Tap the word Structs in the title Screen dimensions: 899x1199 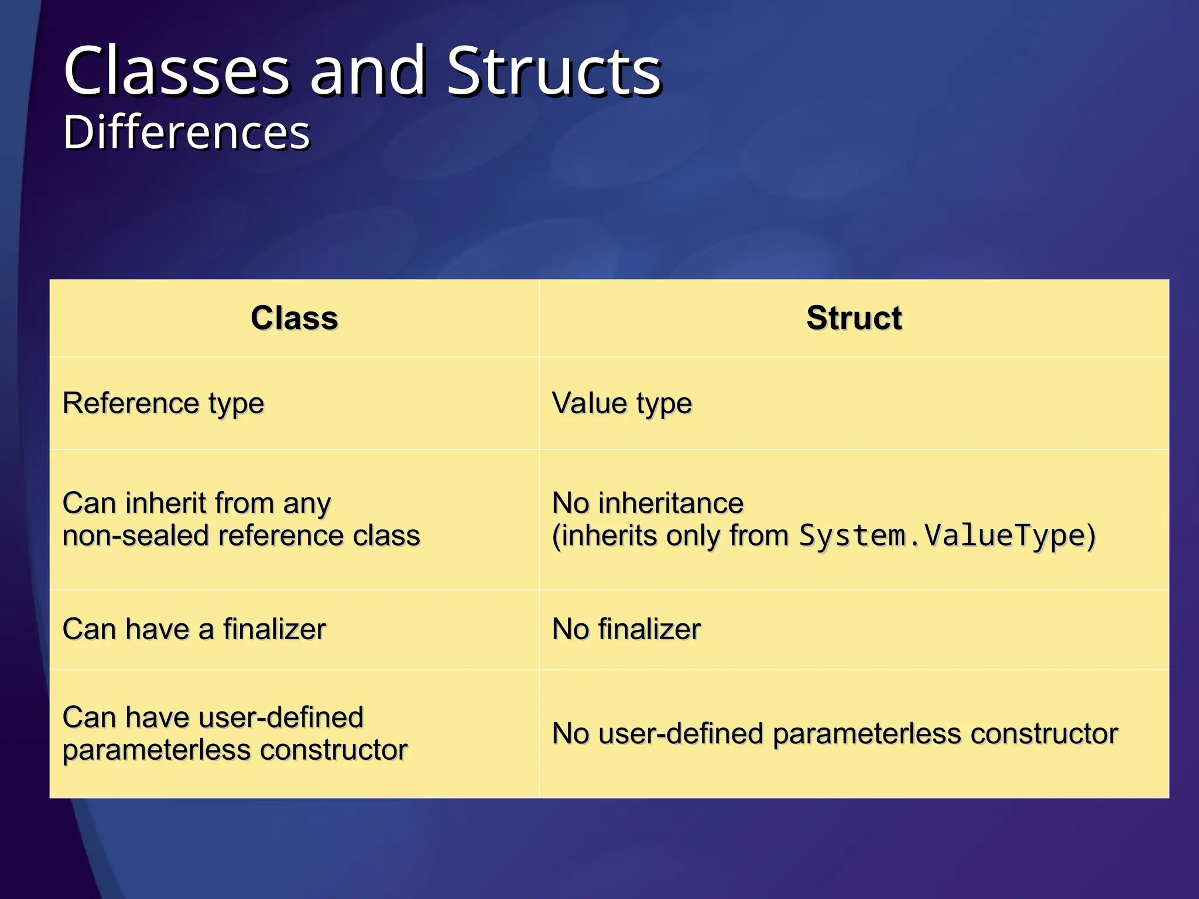[554, 71]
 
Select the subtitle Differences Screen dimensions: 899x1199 [186, 132]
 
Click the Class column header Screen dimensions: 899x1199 [294, 318]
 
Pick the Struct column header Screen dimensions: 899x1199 [854, 318]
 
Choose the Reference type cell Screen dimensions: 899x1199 [163, 403]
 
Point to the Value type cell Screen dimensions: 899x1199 [622, 403]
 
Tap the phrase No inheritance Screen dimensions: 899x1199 [648, 503]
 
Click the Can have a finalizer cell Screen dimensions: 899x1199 [194, 629]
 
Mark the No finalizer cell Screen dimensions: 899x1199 [626, 629]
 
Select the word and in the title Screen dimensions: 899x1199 [368, 71]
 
